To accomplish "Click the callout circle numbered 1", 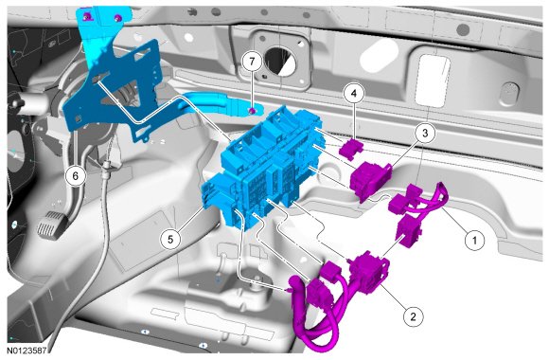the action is [474, 240].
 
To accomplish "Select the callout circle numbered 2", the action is [413, 316].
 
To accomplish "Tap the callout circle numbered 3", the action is [425, 134].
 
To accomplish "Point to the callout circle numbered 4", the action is [354, 93].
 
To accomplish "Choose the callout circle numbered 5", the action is [170, 240].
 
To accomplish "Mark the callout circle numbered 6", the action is [76, 175].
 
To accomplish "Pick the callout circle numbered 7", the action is [252, 62].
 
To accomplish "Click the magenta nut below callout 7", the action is [252, 111].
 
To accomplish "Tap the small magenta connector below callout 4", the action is [351, 147].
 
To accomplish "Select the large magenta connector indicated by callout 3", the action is [370, 180].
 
